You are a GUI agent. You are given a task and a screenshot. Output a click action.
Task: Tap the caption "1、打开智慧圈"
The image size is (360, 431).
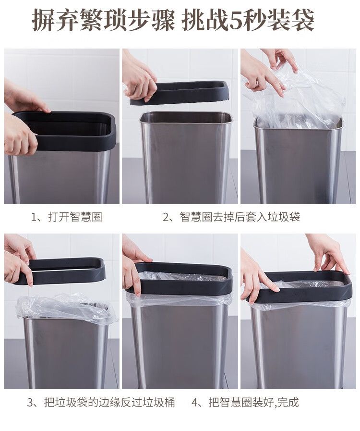(66, 217)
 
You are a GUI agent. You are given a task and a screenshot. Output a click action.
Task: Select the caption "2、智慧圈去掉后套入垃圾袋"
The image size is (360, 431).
(231, 217)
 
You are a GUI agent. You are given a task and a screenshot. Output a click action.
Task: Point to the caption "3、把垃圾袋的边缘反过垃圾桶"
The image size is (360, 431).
(101, 402)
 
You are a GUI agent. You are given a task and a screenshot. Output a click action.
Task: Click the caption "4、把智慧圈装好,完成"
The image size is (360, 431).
(245, 402)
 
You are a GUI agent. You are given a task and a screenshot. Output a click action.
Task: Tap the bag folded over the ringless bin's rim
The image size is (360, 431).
(66, 308)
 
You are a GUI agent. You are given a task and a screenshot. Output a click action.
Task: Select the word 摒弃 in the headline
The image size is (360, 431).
(55, 20)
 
